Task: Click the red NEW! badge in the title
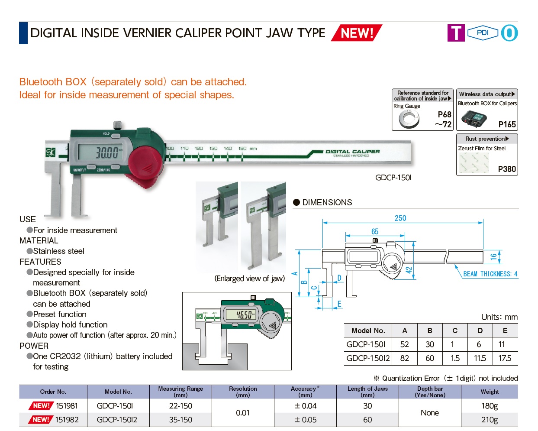(x=357, y=33)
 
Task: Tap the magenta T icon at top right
(x=456, y=33)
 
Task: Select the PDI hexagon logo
(x=483, y=33)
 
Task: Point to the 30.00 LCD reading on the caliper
(x=106, y=152)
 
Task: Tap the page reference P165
(x=507, y=124)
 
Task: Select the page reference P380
(x=507, y=169)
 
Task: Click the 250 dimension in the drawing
(x=400, y=218)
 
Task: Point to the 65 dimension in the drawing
(x=375, y=232)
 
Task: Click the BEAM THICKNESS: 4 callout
(x=490, y=274)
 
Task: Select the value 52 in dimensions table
(x=404, y=344)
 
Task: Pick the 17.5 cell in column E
(x=505, y=358)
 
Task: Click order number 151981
(x=67, y=406)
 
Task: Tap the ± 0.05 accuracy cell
(x=305, y=420)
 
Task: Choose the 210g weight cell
(x=490, y=420)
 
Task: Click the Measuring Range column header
(x=180, y=392)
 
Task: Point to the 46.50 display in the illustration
(x=245, y=314)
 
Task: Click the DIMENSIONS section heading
(x=327, y=202)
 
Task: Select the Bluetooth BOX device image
(x=474, y=118)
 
